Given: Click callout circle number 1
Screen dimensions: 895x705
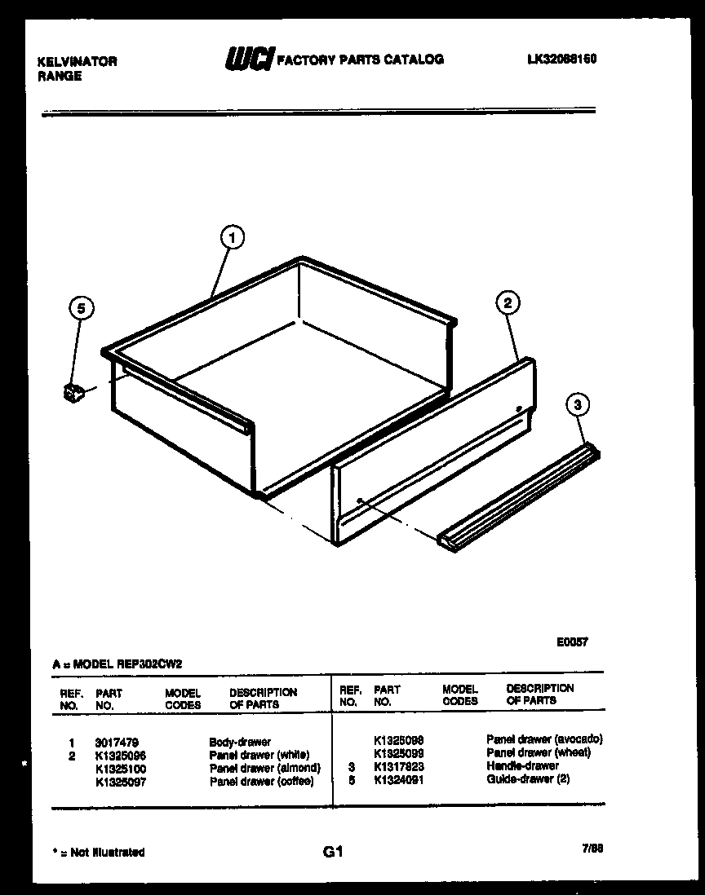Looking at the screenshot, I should pyautogui.click(x=233, y=237).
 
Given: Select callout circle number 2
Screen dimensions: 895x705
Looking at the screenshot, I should pyautogui.click(x=508, y=303).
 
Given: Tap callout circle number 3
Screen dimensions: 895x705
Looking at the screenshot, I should pyautogui.click(x=578, y=404).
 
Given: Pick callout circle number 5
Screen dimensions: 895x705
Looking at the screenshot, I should pyautogui.click(x=80, y=308).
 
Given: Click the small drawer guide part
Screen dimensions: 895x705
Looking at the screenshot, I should pyautogui.click(x=74, y=392).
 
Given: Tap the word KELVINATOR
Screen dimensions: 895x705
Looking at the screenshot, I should pyautogui.click(x=77, y=61).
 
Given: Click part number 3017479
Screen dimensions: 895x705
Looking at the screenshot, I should pyautogui.click(x=116, y=743).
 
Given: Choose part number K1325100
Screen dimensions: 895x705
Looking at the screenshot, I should pyautogui.click(x=121, y=768).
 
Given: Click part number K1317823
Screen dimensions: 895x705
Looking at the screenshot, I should pyautogui.click(x=398, y=767).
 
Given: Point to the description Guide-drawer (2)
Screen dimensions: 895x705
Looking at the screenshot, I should pyautogui.click(x=528, y=779).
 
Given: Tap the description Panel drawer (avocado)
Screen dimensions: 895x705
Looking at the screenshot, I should pyautogui.click(x=544, y=739).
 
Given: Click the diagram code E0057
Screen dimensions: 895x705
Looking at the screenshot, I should pyautogui.click(x=573, y=641).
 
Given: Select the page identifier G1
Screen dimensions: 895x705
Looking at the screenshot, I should pyautogui.click(x=332, y=853).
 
